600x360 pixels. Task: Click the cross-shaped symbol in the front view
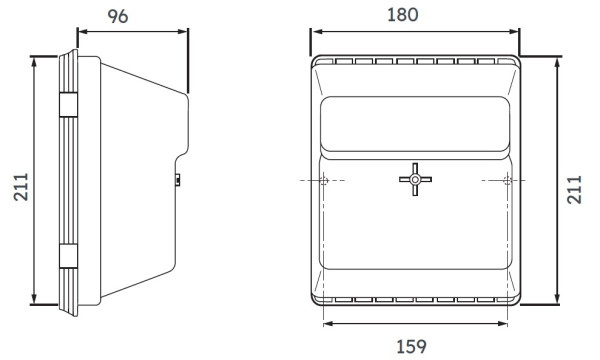click(x=414, y=180)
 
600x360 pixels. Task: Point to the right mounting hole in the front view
click(x=507, y=180)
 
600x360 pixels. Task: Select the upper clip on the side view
click(x=67, y=105)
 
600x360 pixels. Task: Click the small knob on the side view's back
click(x=178, y=180)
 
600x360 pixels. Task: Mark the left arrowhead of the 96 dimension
click(x=81, y=31)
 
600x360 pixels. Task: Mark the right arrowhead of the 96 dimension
click(x=185, y=31)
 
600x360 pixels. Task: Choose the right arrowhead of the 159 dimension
click(x=505, y=322)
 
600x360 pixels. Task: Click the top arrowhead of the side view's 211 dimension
click(x=37, y=58)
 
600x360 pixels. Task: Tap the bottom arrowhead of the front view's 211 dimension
click(x=555, y=302)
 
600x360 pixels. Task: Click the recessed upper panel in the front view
click(x=413, y=122)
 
